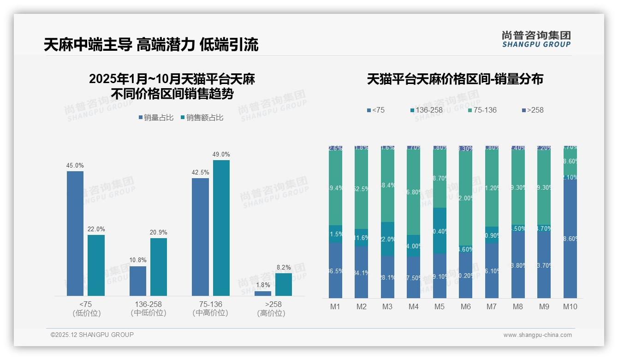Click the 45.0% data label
75,166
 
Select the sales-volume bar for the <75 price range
75,233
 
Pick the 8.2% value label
283,268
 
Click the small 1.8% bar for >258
263,294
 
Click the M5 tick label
440,306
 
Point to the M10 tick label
570,306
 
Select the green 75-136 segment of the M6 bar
466,198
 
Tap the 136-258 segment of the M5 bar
440,230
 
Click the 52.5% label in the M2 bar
362,189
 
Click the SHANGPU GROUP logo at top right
536,39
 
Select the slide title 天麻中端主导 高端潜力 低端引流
151,44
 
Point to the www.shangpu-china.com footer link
537,335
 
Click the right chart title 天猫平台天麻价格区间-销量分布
455,79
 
